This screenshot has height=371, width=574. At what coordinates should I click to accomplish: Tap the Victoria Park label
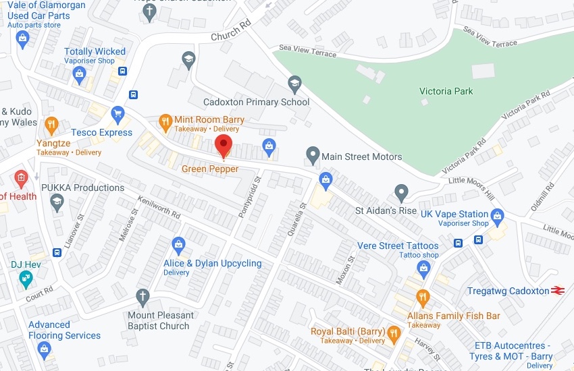[x=446, y=91]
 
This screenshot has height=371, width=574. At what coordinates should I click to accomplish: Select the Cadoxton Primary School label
[x=257, y=103]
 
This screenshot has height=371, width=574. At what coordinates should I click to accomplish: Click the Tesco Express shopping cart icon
[x=118, y=113]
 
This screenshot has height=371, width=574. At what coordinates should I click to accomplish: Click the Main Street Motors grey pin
[x=312, y=155]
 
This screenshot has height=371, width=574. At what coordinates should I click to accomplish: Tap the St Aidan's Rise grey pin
[x=401, y=193]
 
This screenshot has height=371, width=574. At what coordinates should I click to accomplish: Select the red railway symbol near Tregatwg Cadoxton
[x=557, y=291]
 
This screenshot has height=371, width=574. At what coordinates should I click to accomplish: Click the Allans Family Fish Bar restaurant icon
[x=423, y=296]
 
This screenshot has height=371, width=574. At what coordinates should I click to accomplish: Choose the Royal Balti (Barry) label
[x=348, y=331]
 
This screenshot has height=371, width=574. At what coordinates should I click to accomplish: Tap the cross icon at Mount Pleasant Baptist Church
[x=142, y=296]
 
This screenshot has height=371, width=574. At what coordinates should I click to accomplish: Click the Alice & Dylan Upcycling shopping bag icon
[x=178, y=244]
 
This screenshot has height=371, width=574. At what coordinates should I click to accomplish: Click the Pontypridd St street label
[x=250, y=197]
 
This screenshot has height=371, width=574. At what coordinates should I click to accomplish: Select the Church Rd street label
[x=231, y=31]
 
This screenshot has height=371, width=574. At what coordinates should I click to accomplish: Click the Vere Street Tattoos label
[x=398, y=246]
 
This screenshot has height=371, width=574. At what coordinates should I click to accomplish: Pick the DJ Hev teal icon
[x=25, y=277]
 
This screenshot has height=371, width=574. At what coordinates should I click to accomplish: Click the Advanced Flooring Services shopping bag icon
[x=45, y=349]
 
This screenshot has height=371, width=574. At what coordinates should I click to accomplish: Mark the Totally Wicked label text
[x=95, y=51]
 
